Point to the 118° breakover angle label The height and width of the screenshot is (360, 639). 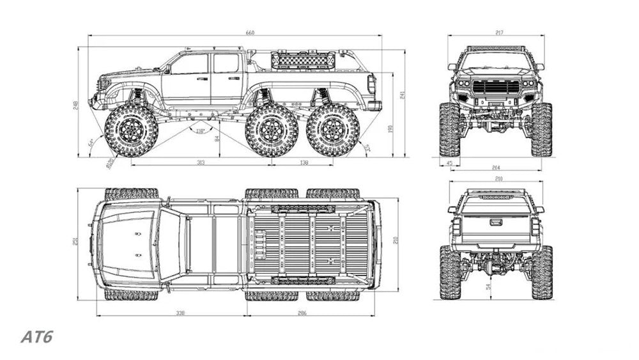pyautogui.click(x=200, y=131)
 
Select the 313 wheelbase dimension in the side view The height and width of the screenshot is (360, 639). pyautogui.click(x=201, y=163)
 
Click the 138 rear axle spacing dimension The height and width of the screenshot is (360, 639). pyautogui.click(x=303, y=163)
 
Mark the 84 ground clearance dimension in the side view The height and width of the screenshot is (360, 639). pyautogui.click(x=217, y=137)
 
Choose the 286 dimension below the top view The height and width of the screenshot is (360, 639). pyautogui.click(x=302, y=313)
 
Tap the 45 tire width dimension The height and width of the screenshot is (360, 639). pyautogui.click(x=449, y=163)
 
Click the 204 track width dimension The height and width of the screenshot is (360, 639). pyautogui.click(x=496, y=168)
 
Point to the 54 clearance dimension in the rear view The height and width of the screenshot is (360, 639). pyautogui.click(x=489, y=287)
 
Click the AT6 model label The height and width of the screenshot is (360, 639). pyautogui.click(x=36, y=337)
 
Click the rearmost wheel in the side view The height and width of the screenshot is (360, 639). pyautogui.click(x=333, y=130)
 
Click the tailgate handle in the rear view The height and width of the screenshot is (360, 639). pyautogui.click(x=496, y=223)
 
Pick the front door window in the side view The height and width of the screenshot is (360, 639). pyautogui.click(x=190, y=64)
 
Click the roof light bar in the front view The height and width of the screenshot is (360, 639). pyautogui.click(x=496, y=49)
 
